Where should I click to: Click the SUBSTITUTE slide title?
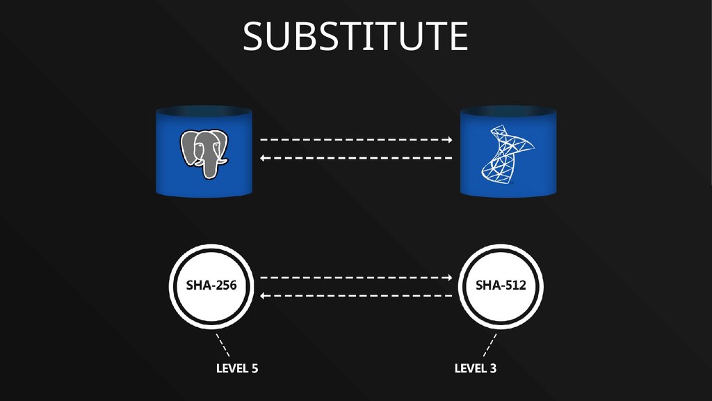(x=355, y=36)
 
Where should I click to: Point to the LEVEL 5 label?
(x=236, y=368)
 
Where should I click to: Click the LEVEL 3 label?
(x=475, y=368)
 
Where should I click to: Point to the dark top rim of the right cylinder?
(x=509, y=111)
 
